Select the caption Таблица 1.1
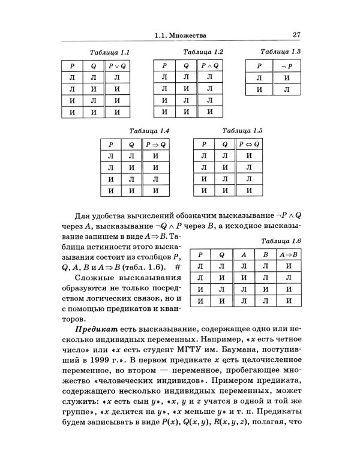[x=109, y=52]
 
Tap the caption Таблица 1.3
[x=281, y=52]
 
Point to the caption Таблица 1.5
[x=243, y=130]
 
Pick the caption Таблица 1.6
[x=280, y=241]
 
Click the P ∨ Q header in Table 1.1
[x=117, y=65]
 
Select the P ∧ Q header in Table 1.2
[x=210, y=65]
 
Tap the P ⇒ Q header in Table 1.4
[x=156, y=145]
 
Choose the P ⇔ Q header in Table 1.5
[x=249, y=145]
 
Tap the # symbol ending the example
[x=178, y=266]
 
